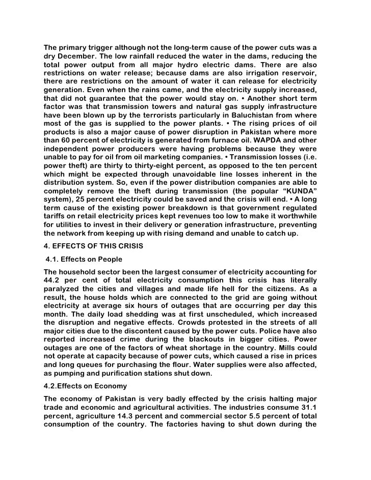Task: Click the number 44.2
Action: tap(53, 281)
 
